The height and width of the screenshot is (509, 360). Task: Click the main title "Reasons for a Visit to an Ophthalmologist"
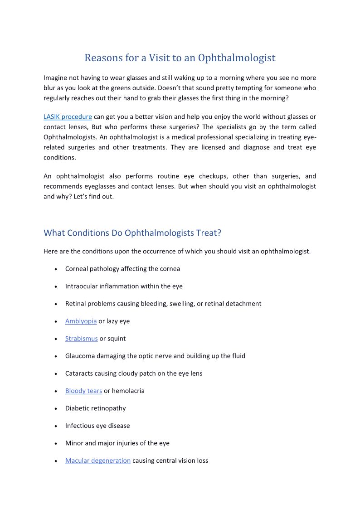[180, 58]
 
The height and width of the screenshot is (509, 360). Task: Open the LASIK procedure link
[68, 116]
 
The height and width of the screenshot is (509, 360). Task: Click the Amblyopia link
[81, 321]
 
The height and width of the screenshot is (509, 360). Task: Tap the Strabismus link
[81, 339]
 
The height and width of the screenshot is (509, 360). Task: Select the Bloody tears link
[83, 391]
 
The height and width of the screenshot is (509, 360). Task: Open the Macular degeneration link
[98, 461]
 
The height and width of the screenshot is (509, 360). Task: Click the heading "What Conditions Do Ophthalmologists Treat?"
[132, 233]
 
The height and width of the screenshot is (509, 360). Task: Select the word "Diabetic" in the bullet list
[78, 408]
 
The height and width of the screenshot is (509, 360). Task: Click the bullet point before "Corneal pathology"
[55, 269]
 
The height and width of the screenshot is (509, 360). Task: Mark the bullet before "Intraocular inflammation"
[55, 286]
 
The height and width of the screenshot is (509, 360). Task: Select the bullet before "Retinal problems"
[55, 304]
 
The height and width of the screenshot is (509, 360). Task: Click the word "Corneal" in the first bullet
[77, 269]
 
